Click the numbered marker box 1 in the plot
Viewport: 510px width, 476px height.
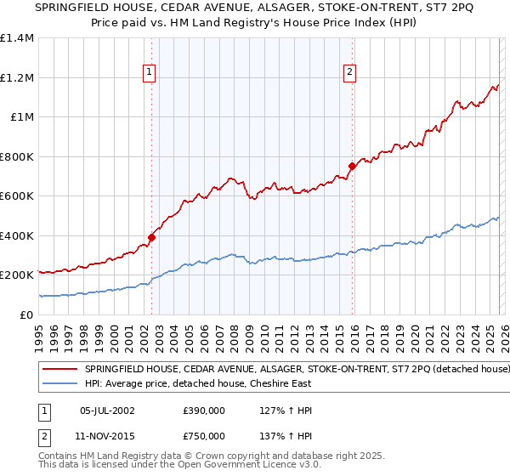coord(149,73)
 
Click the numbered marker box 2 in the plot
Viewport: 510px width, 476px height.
coord(349,73)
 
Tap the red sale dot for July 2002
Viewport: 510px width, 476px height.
coord(151,238)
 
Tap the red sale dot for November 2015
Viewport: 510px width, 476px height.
coord(352,167)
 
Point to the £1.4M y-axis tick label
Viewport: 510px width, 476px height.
coord(17,38)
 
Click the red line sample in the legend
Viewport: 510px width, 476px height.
coord(59,370)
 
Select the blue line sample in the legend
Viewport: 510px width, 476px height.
coord(59,383)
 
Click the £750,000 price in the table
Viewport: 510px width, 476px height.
coord(204,435)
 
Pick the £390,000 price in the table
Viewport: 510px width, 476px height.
coord(204,411)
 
